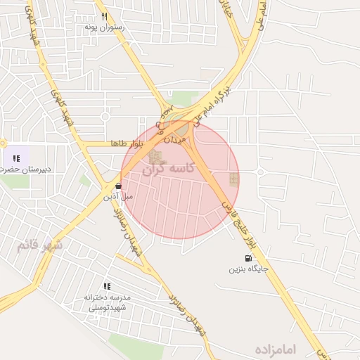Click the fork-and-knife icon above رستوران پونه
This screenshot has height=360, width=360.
104,16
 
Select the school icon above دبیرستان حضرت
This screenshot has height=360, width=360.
16,158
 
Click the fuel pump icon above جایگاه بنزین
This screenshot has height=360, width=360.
247,258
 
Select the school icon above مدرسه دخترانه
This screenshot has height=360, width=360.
107,286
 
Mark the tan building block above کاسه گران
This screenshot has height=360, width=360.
154,157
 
